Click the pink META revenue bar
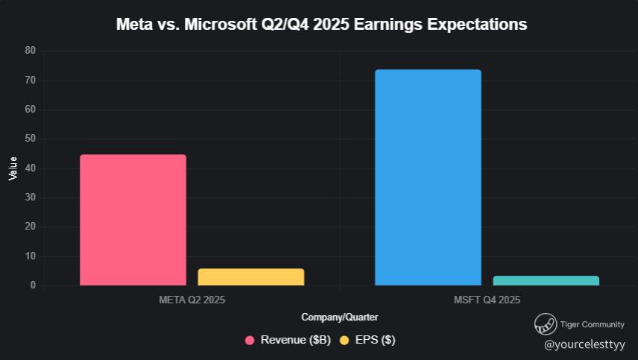(133, 220)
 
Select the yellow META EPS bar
(250, 277)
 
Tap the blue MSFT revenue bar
(428, 177)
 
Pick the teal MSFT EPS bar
(546, 280)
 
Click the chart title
(321, 25)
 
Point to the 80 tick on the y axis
(30, 51)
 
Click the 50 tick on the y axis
(30, 139)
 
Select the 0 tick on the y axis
(33, 285)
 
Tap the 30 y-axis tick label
(30, 198)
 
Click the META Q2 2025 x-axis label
(192, 300)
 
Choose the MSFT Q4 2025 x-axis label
(487, 300)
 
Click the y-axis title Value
(13, 168)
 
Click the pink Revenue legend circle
(250, 341)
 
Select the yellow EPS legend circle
(344, 341)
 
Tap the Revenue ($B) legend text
(295, 341)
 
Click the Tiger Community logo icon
(546, 324)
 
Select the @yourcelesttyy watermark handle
(584, 345)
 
